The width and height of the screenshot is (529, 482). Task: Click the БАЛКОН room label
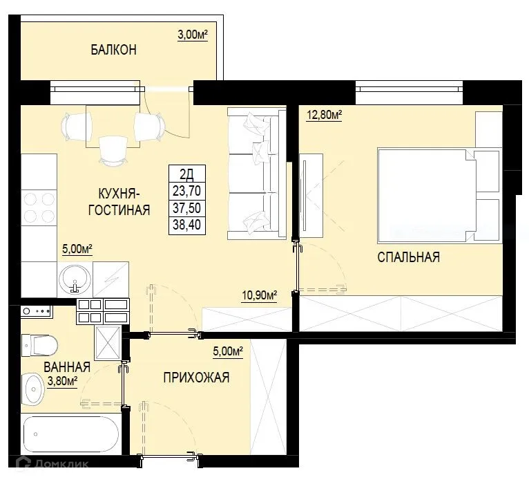click(113, 50)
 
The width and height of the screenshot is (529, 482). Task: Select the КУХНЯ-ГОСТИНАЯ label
click(119, 202)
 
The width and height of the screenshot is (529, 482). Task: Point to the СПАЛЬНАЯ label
click(408, 257)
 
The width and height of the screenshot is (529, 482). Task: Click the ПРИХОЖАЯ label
click(196, 378)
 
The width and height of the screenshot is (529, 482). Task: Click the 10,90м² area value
click(259, 295)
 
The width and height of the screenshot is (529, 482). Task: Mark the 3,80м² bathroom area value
click(61, 380)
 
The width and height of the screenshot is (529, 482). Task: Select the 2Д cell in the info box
click(187, 176)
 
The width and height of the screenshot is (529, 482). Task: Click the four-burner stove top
click(39, 208)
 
